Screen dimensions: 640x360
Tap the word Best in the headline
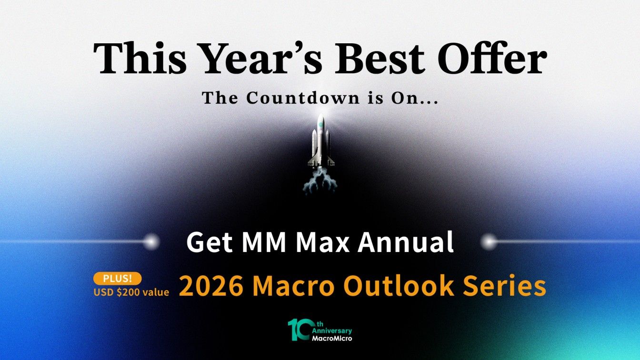pos(380,58)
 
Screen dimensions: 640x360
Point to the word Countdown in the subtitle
pos(303,98)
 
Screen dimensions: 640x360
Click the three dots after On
pos(428,102)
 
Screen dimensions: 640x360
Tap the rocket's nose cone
pos(320,120)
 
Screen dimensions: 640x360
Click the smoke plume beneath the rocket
pos(320,182)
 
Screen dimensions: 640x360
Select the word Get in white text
pos(209,242)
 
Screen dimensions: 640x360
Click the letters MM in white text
pos(264,242)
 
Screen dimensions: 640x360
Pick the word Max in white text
pos(322,242)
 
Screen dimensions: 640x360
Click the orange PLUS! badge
pos(118,279)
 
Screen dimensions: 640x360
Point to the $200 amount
pos(129,292)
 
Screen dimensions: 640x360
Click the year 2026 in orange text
pos(211,286)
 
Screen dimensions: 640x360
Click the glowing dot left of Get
pos(152,242)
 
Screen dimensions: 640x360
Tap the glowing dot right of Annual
pos(489,242)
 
